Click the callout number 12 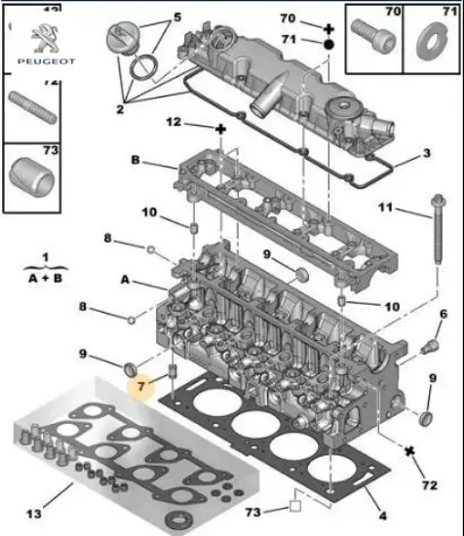click(x=174, y=124)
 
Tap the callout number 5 click(x=177, y=18)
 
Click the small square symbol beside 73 click(x=290, y=507)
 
